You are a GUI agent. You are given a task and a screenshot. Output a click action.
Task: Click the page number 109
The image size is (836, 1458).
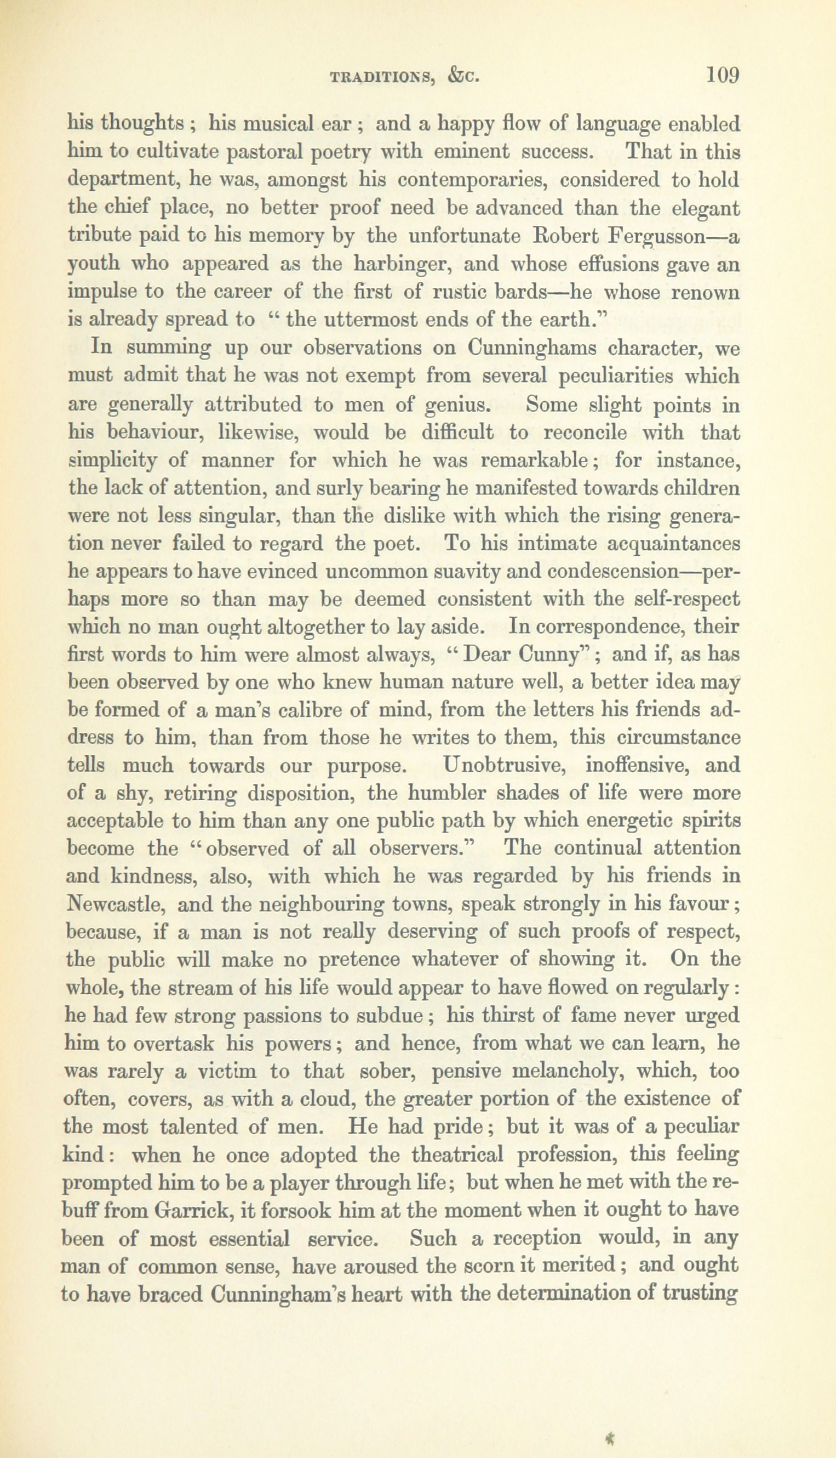click(x=722, y=75)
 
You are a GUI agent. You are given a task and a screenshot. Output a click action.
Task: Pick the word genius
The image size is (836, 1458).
click(x=457, y=405)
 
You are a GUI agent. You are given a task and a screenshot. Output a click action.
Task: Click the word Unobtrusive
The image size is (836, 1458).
click(x=506, y=766)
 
